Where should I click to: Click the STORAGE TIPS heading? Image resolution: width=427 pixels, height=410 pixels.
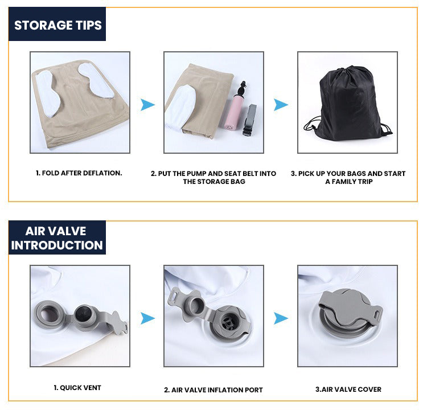pyautogui.click(x=58, y=25)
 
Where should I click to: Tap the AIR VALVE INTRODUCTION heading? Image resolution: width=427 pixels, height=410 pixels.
pyautogui.click(x=57, y=238)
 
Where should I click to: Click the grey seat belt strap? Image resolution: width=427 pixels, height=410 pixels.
pyautogui.click(x=250, y=120)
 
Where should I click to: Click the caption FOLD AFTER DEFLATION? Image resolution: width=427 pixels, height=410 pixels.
pyautogui.click(x=79, y=173)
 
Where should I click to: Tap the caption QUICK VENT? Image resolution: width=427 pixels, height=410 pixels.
pyautogui.click(x=77, y=388)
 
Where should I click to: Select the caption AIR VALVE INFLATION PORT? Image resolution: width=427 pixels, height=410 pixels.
pyautogui.click(x=213, y=390)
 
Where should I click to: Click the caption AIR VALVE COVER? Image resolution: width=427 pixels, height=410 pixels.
pyautogui.click(x=348, y=389)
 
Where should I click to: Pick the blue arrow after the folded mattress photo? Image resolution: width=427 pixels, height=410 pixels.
pyautogui.click(x=147, y=105)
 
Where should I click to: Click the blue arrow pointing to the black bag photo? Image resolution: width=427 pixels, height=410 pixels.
pyautogui.click(x=281, y=105)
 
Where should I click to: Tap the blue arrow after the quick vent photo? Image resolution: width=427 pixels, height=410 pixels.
pyautogui.click(x=147, y=318)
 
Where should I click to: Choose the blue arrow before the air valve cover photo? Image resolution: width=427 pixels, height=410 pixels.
pyautogui.click(x=281, y=318)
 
